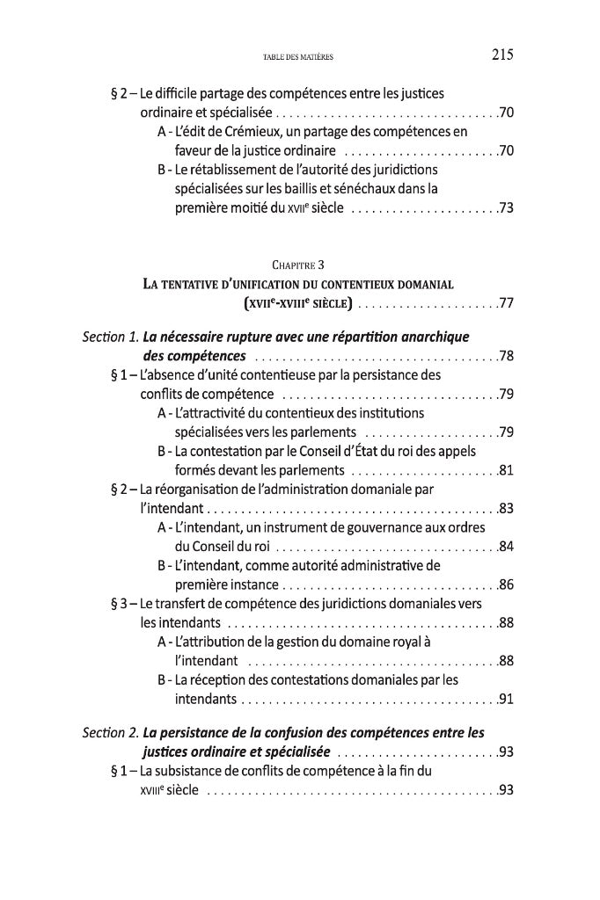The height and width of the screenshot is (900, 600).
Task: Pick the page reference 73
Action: pos(506,208)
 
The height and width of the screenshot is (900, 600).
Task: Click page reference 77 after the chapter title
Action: pos(506,305)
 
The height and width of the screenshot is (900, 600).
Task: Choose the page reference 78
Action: pos(506,357)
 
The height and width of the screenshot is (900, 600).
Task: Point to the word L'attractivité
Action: pos(212,412)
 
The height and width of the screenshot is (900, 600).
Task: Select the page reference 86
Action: pos(506,584)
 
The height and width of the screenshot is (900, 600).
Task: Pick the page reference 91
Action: pos(506,700)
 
